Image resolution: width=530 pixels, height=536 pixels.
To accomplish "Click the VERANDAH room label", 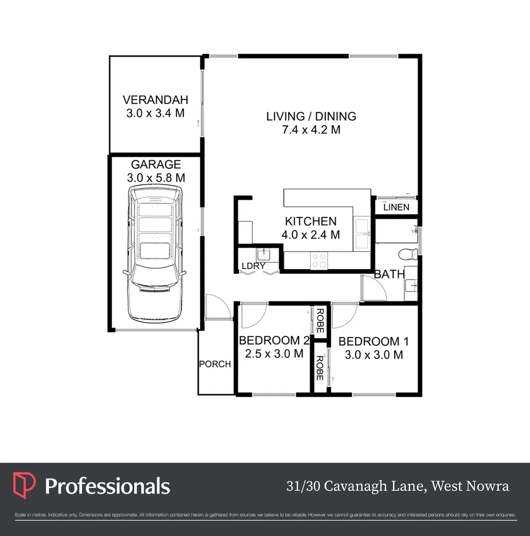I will (155, 99).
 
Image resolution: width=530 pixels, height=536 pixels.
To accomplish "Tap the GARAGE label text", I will (156, 164).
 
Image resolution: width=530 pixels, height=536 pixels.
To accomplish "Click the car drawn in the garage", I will (155, 254).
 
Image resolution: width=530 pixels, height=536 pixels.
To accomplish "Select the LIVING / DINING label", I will (311, 116).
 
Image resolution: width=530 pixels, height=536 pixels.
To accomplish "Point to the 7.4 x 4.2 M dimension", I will (311, 130).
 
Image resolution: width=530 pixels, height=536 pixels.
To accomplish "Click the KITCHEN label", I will (311, 221).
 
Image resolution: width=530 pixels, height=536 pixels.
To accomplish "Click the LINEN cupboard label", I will (396, 207).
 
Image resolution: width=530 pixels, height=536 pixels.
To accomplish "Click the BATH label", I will (389, 274).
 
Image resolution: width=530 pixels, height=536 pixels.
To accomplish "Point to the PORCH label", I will (215, 364).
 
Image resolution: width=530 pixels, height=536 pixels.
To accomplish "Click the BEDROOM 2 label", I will (274, 341).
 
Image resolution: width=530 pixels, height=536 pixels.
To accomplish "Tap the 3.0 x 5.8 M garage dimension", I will (156, 177).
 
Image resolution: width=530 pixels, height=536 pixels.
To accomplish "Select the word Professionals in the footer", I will (108, 486).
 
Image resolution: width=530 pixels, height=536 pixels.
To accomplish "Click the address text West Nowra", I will (470, 486).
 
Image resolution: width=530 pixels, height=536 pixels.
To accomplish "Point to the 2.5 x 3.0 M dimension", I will (274, 354).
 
